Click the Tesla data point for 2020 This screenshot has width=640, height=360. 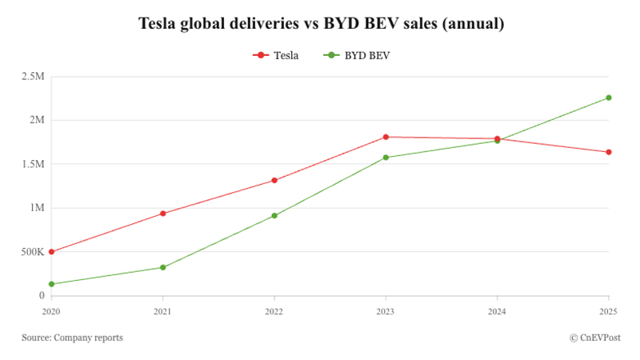pyautogui.click(x=51, y=252)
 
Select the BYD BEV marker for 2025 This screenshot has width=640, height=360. pyautogui.click(x=609, y=98)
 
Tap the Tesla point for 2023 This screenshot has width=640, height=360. pyautogui.click(x=386, y=137)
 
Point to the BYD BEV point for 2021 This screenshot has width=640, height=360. pyautogui.click(x=163, y=267)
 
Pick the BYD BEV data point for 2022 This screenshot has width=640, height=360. pyautogui.click(x=274, y=215)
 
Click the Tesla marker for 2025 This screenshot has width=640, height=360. pyautogui.click(x=609, y=152)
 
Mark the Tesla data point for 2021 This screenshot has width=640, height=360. pyautogui.click(x=163, y=214)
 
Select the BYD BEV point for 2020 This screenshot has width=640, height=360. pyautogui.click(x=51, y=284)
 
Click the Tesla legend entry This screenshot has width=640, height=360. pyautogui.click(x=275, y=55)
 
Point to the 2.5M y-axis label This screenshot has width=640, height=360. pyautogui.click(x=33, y=77)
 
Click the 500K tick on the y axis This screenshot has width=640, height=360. pyautogui.click(x=33, y=252)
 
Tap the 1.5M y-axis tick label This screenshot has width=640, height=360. pyautogui.click(x=33, y=164)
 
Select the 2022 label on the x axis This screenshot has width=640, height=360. pyautogui.click(x=274, y=311)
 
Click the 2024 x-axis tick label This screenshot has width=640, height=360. pyautogui.click(x=497, y=311)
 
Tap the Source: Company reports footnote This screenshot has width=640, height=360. pyautogui.click(x=73, y=338)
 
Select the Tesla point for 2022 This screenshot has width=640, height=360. pyautogui.click(x=274, y=180)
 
